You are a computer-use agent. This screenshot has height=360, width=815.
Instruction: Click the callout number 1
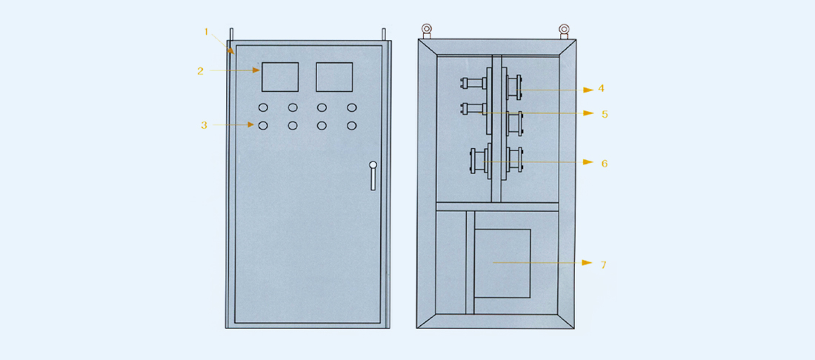207,32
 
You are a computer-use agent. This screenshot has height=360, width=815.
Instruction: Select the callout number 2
200,71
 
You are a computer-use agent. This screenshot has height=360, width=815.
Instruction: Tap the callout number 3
204,125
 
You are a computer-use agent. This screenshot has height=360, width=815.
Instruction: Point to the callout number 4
602,88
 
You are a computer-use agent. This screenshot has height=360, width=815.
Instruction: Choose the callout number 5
605,114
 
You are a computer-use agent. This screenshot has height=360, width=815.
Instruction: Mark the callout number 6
605,163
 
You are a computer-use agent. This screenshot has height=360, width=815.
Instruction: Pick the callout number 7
604,264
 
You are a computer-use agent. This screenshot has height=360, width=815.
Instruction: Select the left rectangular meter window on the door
279,76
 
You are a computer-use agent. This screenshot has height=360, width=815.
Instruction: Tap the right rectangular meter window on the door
334,76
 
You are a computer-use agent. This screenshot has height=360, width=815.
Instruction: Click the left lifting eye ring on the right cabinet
427,30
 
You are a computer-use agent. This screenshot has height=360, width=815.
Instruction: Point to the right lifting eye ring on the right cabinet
564,30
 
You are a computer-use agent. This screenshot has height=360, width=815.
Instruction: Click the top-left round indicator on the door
263,107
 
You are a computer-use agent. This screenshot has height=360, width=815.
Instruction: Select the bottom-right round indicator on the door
351,125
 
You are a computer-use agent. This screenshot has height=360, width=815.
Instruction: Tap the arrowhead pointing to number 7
588,262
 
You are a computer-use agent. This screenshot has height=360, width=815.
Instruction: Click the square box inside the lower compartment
502,262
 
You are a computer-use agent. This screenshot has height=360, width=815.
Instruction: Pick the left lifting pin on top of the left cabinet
231,34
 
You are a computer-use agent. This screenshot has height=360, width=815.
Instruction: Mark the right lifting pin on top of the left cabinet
384,34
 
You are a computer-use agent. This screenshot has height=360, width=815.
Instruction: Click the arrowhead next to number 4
588,90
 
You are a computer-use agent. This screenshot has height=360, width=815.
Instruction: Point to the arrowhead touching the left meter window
256,70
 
